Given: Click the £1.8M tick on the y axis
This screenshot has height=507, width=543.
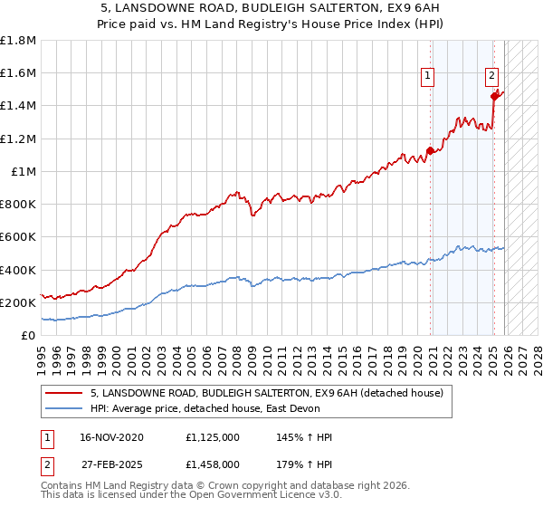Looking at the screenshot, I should (20, 41).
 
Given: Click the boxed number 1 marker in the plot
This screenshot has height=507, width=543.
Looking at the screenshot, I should (427, 77).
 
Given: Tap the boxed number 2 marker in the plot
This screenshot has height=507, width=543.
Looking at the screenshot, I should (491, 77).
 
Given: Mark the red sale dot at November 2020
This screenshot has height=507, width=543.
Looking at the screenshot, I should (430, 151).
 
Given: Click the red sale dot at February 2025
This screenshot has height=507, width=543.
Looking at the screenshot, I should (494, 96).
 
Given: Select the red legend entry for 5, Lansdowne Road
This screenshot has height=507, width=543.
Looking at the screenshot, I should (266, 394).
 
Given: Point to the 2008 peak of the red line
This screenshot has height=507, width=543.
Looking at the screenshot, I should (235, 192).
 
